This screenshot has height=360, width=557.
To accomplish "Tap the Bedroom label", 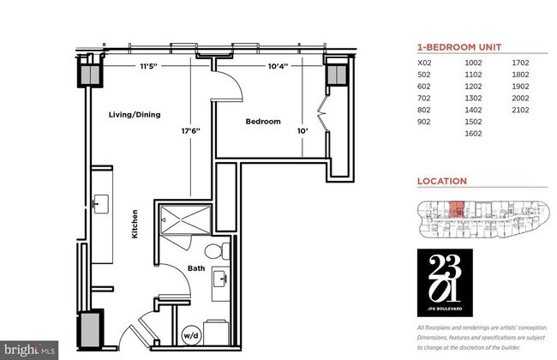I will click(x=263, y=122).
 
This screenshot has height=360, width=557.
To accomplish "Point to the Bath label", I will click(x=196, y=268).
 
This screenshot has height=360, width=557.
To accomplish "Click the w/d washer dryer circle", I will click(x=189, y=335).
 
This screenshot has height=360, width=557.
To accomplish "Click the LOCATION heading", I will click(x=441, y=182).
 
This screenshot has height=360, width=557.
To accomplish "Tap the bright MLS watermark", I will click(x=30, y=350).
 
